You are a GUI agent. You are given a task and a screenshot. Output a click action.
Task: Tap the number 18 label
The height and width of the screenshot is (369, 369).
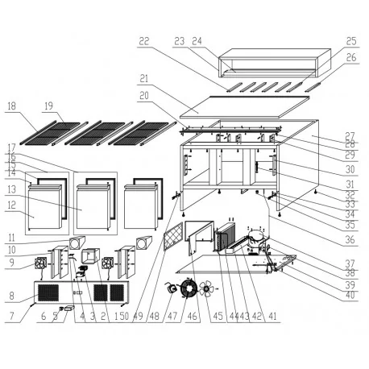pyautogui.click(x=12, y=106)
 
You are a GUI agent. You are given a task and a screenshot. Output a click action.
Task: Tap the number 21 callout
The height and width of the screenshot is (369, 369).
pyautogui.click(x=144, y=79)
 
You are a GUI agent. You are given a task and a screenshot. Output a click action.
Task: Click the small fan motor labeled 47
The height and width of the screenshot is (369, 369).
pyautogui.click(x=172, y=288)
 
